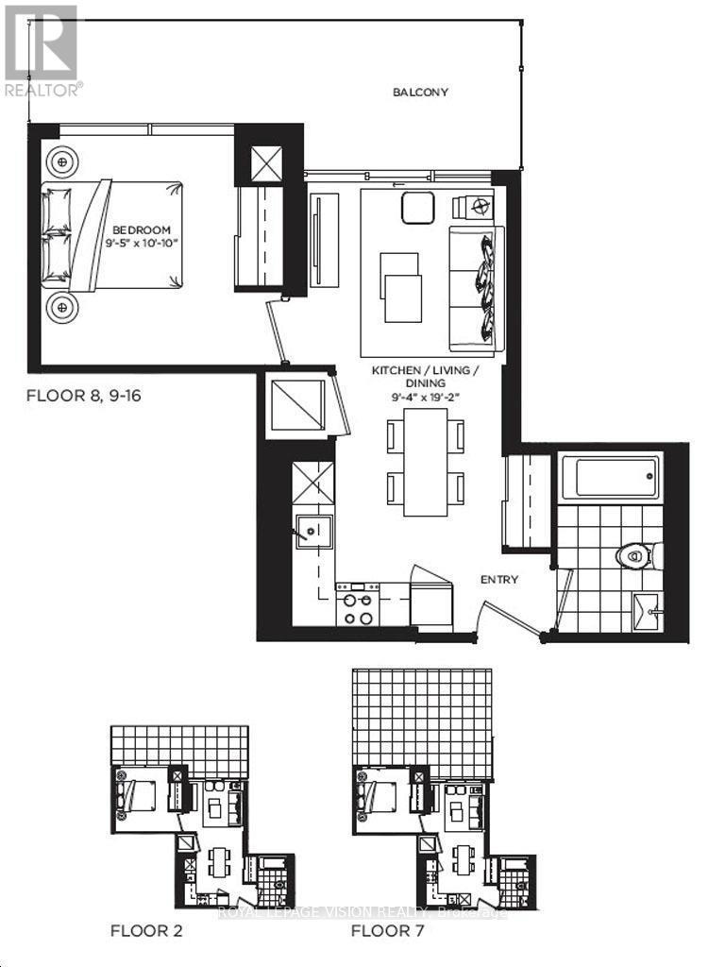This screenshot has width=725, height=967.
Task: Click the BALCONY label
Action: click(x=420, y=93)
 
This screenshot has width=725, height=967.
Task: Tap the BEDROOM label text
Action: click(x=142, y=229)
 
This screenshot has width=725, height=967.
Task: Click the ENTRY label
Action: click(x=498, y=580)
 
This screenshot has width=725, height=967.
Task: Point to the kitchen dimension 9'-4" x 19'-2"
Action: click(x=425, y=398)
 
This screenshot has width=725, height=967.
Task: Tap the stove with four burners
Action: click(x=358, y=604)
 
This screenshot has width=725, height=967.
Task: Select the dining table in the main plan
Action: click(x=426, y=462)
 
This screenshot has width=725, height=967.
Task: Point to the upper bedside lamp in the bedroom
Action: click(x=63, y=162)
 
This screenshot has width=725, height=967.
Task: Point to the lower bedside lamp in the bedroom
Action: click(x=63, y=306)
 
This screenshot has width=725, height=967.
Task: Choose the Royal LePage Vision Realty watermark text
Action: click(x=362, y=913)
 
